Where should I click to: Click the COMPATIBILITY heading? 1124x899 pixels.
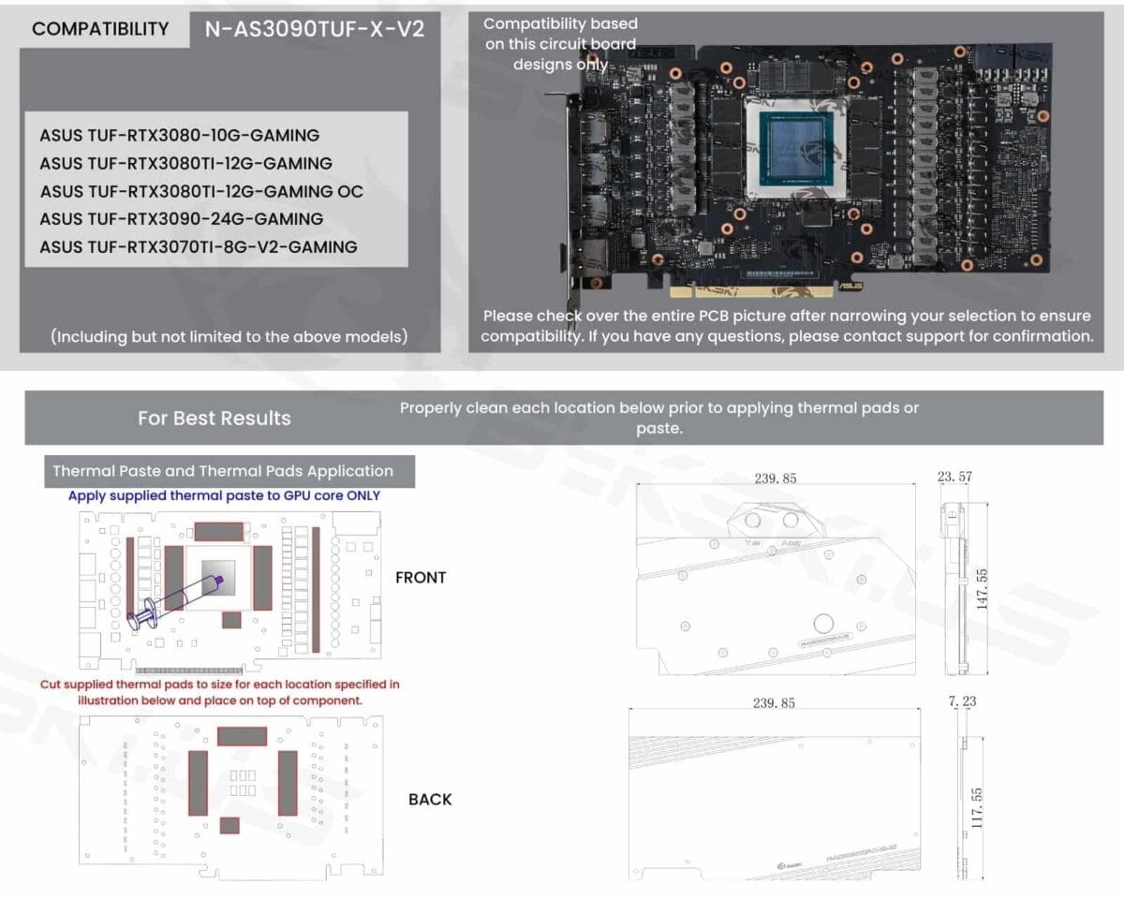tap(100, 29)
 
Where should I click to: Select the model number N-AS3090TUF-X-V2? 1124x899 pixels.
tap(315, 29)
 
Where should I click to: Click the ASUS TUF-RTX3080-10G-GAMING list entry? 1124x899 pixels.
tap(179, 135)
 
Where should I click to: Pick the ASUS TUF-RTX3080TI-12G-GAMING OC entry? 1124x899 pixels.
tap(201, 191)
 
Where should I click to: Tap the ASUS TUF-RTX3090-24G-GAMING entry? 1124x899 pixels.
tap(181, 219)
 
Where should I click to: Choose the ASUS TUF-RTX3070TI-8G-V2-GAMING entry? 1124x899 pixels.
tap(198, 247)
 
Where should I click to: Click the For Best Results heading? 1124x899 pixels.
tap(214, 419)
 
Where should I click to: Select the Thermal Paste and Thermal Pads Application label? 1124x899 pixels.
tap(223, 471)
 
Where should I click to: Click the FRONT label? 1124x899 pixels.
tap(421, 578)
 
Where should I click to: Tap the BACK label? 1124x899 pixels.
tap(430, 800)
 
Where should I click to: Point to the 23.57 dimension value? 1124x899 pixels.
tap(954, 477)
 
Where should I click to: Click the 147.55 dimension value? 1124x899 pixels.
tap(982, 587)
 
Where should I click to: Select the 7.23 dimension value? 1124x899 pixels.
tap(962, 701)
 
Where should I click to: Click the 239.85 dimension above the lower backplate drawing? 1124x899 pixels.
tap(775, 702)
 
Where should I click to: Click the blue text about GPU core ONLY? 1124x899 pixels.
tap(225, 495)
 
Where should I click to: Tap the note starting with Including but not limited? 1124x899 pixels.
tap(229, 335)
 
